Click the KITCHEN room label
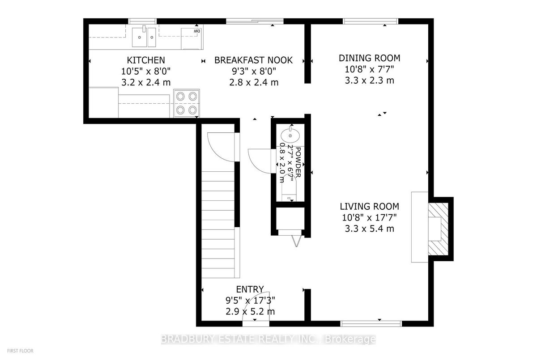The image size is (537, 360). tap(146, 60)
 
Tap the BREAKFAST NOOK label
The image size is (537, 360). tap(253, 60)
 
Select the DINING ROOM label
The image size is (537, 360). tap(370, 58)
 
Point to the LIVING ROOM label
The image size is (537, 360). tap(370, 206)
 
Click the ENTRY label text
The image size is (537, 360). tap(250, 289)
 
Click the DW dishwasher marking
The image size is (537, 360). tap(197, 31)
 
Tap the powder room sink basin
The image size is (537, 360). tap(290, 136)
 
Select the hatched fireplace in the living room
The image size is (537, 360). tap(438, 229)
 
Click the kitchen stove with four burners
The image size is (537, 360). tap(187, 103)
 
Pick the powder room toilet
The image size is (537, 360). tap(289, 188)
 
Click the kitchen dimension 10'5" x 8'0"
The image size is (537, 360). tap(146, 71)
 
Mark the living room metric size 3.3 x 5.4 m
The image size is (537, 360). tap(370, 229)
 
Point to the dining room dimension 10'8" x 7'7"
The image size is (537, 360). tap(370, 69)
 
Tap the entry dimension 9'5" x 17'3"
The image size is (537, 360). tap(250, 301)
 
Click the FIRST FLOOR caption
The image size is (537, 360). tap(20, 351)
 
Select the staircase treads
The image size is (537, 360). tap(218, 224)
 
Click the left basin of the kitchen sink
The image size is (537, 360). tap(139, 37)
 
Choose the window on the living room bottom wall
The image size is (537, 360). tap(371, 324)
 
